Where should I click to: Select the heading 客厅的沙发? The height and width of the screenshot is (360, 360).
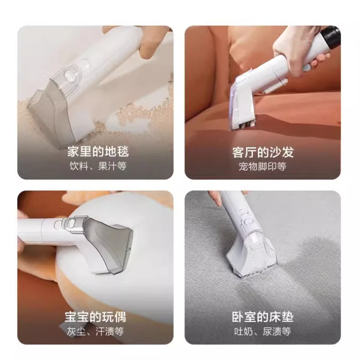263,152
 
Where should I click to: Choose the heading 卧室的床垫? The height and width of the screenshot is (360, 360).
263,317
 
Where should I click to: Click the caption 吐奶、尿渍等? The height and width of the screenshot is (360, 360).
263,332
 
